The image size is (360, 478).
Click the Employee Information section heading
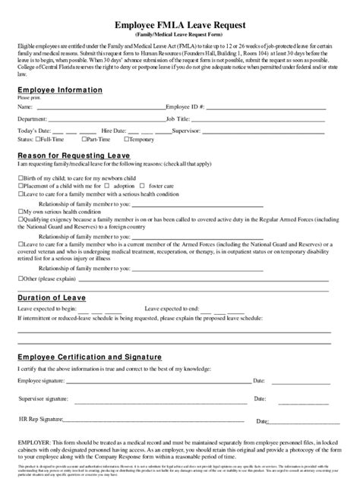60,90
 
